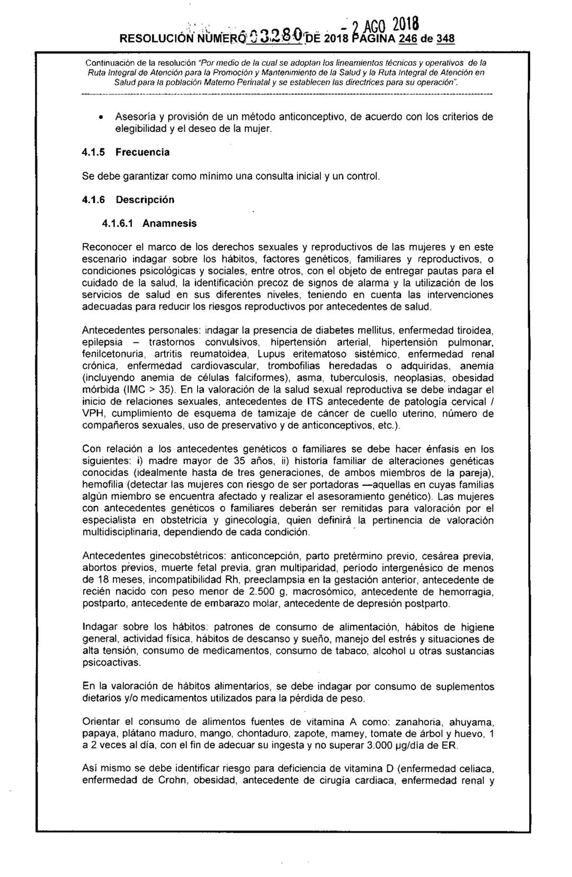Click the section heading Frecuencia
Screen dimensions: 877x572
[x=143, y=152]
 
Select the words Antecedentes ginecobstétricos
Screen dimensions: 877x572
[x=155, y=556]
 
